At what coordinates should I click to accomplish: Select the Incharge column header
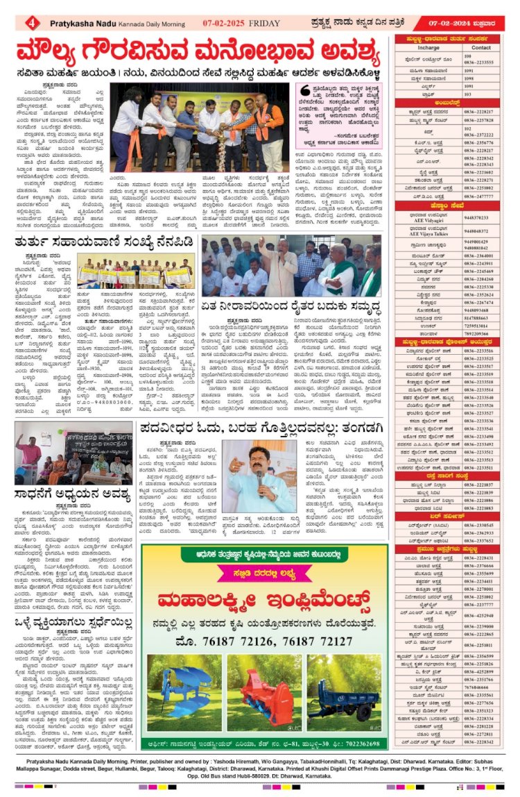click(429, 48)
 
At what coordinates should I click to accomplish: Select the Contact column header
click(481, 48)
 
